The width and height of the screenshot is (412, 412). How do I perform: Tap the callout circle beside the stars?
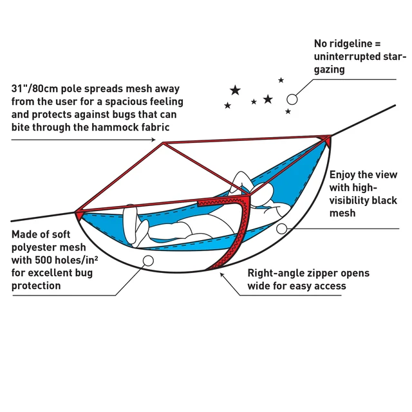click(x=292, y=99)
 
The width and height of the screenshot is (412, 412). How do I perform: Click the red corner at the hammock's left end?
click(x=79, y=212)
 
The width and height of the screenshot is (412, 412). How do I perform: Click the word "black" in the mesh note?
click(x=383, y=200)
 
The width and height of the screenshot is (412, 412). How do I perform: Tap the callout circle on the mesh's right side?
click(x=281, y=229)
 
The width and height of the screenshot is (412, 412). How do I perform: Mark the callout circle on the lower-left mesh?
click(x=147, y=260)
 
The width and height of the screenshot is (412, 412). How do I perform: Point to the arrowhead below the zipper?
click(x=222, y=274)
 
